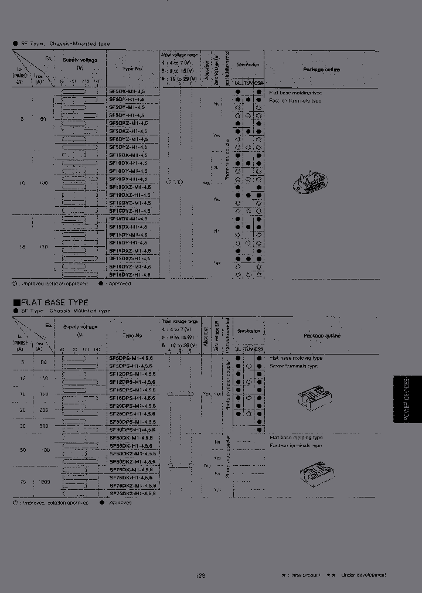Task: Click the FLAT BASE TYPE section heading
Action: click(50, 302)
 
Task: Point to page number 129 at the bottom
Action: click(200, 575)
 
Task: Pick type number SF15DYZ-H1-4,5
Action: click(130, 274)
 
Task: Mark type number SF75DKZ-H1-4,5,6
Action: click(133, 493)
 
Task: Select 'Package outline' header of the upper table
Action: click(321, 69)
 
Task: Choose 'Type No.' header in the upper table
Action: click(132, 68)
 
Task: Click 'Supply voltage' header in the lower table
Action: click(80, 326)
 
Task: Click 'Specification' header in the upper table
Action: click(248, 64)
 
